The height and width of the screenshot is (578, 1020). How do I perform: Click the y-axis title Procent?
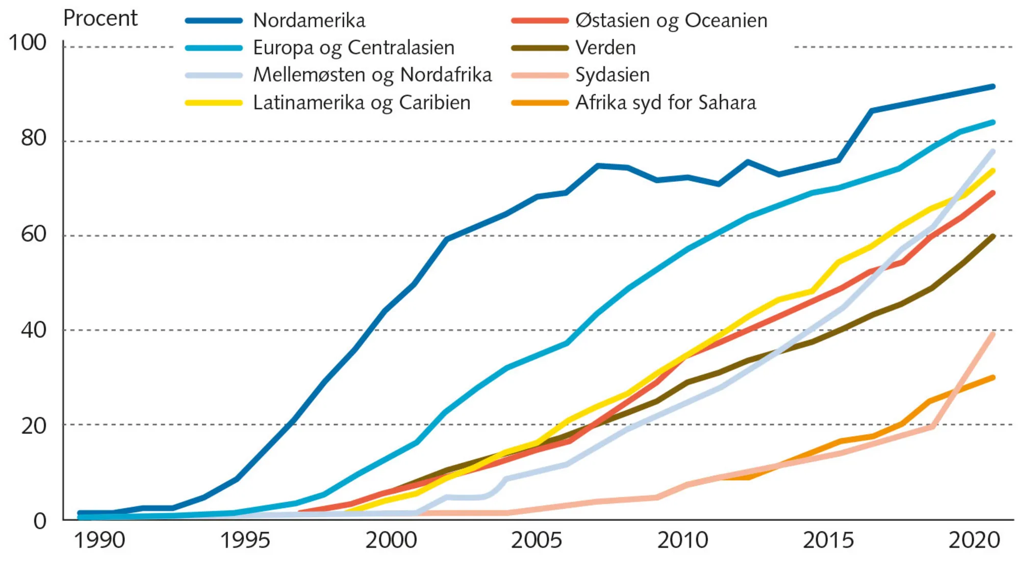coord(100,19)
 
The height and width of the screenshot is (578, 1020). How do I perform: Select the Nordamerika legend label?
coord(309,21)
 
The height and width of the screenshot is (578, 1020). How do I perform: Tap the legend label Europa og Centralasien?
coord(353,48)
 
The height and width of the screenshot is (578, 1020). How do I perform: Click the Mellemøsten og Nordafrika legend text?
coord(372,75)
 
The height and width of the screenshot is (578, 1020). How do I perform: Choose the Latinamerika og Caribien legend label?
coord(362,102)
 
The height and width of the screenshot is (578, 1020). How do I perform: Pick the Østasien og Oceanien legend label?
coord(671,21)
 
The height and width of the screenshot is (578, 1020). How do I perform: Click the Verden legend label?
coord(605,48)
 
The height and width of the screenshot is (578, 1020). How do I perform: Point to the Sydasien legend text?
coord(613,75)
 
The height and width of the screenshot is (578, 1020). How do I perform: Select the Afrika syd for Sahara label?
coord(666,102)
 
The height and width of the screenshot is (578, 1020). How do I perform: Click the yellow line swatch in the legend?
coord(214,102)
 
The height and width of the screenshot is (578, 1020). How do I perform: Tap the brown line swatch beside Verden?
coord(540,48)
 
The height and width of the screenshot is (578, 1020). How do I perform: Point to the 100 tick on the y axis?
coord(28,43)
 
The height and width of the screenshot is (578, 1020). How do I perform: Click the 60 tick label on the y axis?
coord(34,234)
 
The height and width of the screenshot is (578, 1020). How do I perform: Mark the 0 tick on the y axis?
coord(40,521)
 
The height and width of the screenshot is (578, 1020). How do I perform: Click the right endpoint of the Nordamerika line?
coord(993,87)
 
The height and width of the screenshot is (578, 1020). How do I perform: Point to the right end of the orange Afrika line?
coord(993,378)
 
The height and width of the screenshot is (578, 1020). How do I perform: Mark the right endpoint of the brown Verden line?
coord(993,237)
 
